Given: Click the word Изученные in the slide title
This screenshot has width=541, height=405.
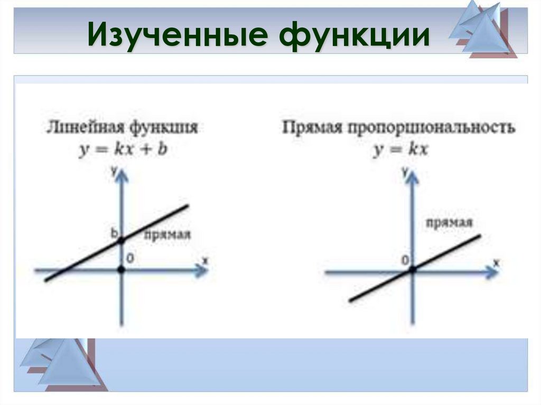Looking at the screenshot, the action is click(176, 35).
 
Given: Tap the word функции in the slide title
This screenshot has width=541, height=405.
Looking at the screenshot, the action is click(351, 35).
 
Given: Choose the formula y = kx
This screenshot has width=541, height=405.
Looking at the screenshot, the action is click(401, 150).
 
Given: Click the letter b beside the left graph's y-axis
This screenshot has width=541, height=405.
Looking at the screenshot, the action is click(114, 232).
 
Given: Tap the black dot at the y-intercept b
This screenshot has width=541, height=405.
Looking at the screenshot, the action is click(122, 241).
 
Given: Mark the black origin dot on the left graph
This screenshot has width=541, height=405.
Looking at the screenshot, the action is click(122, 270).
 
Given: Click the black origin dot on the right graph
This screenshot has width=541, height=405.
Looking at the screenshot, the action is click(413, 269).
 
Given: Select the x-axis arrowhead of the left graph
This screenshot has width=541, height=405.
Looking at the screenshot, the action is click(201, 270).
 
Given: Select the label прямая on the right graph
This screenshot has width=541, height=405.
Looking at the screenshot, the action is click(449, 222).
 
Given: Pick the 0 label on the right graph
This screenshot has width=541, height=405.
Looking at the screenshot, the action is click(405, 260).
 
